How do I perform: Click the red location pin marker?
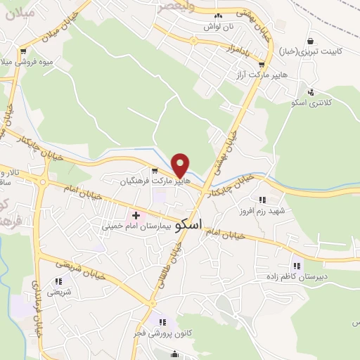[181, 165]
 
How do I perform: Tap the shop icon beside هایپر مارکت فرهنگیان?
[155, 171]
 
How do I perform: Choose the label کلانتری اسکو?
[311, 103]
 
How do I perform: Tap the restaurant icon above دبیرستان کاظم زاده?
[296, 266]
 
